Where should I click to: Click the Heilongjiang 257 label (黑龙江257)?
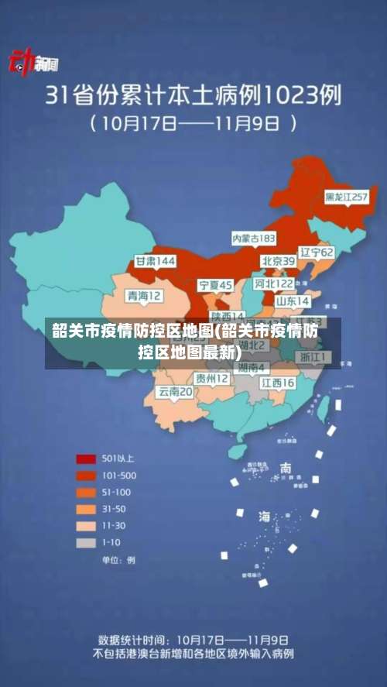tap(346, 198)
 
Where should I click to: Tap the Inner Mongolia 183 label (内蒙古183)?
tap(254, 237)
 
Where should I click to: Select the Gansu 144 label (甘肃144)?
tap(155, 261)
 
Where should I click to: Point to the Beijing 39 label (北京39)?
tap(278, 261)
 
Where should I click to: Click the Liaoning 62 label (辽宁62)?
tap(317, 252)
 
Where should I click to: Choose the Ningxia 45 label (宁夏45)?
tap(215, 285)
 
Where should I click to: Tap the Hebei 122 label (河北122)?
tap(274, 284)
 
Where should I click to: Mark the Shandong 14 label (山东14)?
tap(293, 301)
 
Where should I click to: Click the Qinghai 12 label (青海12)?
tap(145, 296)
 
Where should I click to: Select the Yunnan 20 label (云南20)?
tap(176, 392)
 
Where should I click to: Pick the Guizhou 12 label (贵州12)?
tap(211, 379)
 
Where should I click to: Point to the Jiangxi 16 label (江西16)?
tap(277, 383)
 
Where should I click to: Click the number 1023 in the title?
tap(289, 95)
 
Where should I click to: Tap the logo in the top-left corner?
tap(33, 64)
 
